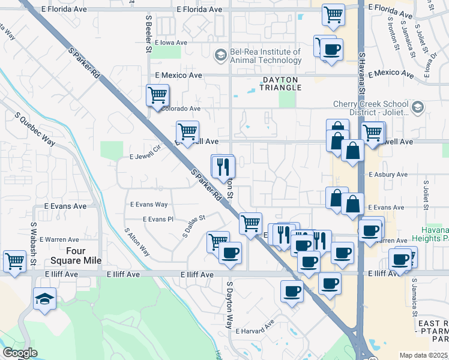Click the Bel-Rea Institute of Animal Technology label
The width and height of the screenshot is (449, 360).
point(265,56)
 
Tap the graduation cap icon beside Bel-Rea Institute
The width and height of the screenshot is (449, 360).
point(221,56)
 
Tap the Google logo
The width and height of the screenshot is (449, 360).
point(20,352)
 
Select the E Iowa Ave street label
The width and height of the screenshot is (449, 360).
point(172,43)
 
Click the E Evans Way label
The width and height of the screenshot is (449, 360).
point(149,205)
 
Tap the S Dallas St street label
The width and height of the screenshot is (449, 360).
point(193,226)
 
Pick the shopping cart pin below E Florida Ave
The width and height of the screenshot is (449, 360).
point(333,14)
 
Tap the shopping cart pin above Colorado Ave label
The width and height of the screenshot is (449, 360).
point(157,95)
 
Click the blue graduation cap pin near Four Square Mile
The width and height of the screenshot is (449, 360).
point(44,299)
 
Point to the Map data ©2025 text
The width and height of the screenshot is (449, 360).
point(423,355)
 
